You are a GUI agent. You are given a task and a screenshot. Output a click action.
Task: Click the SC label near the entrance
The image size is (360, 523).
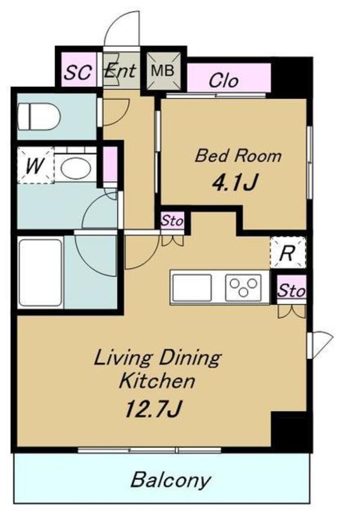[x=77, y=71]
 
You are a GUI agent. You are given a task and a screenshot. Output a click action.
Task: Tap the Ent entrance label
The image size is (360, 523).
[x=120, y=70]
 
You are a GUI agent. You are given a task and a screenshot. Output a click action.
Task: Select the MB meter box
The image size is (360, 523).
[x=163, y=71]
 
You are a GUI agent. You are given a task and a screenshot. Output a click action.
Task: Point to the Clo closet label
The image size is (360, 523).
[x=224, y=81]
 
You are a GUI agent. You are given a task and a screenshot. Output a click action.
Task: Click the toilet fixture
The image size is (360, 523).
[x=39, y=116]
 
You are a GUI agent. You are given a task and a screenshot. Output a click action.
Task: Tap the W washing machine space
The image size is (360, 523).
[x=35, y=165]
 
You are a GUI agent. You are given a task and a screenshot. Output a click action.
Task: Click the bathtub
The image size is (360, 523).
[x=40, y=272]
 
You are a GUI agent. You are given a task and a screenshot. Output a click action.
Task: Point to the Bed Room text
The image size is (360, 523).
[x=238, y=156]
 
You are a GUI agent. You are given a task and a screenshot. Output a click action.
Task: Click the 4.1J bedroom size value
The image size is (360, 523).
[x=235, y=182]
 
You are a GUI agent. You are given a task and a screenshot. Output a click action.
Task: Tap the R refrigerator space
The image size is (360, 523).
[x=287, y=253]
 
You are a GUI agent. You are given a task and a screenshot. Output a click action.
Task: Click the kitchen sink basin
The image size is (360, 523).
[x=192, y=287]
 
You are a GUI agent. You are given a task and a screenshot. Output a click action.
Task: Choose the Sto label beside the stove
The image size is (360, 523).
[x=291, y=290]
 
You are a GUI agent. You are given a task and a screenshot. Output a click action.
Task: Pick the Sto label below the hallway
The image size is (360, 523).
[x=172, y=220]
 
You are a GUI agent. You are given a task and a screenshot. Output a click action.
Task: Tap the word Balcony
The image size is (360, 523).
[x=170, y=480]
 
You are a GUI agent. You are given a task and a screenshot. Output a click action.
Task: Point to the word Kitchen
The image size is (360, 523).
[x=157, y=381]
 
